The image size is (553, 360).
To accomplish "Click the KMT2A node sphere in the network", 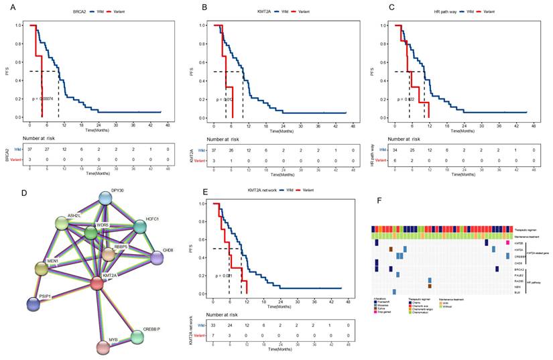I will [97, 283].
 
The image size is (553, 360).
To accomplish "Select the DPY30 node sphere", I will [106, 198].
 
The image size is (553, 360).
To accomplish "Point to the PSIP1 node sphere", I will [32, 304].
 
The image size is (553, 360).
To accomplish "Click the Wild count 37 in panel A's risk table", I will [29, 149].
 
